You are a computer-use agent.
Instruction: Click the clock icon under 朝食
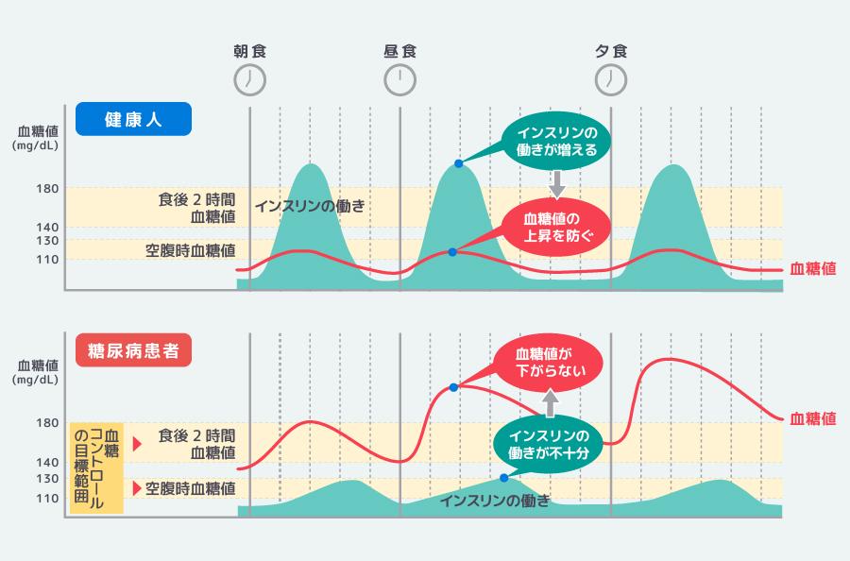click(x=249, y=79)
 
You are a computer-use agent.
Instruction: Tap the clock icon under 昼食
click(x=400, y=79)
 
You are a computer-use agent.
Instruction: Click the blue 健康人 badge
click(x=134, y=120)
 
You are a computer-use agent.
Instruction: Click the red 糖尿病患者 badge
click(x=134, y=351)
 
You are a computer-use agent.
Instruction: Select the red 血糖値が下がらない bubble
click(x=550, y=363)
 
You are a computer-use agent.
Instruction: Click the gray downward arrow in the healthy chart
click(x=556, y=183)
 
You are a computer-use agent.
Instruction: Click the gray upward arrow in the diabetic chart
click(x=550, y=403)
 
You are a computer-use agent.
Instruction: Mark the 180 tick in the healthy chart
click(x=48, y=189)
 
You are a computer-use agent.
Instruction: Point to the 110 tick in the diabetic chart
click(x=48, y=498)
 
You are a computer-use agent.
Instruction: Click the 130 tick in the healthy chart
click(x=48, y=242)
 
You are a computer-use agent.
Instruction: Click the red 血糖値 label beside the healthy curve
click(x=812, y=269)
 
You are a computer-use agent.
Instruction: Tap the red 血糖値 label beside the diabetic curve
click(x=812, y=418)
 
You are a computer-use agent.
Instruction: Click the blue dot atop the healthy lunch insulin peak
click(x=459, y=163)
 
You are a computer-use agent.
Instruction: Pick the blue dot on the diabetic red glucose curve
click(x=454, y=387)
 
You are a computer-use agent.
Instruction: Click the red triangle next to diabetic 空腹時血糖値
click(x=138, y=488)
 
